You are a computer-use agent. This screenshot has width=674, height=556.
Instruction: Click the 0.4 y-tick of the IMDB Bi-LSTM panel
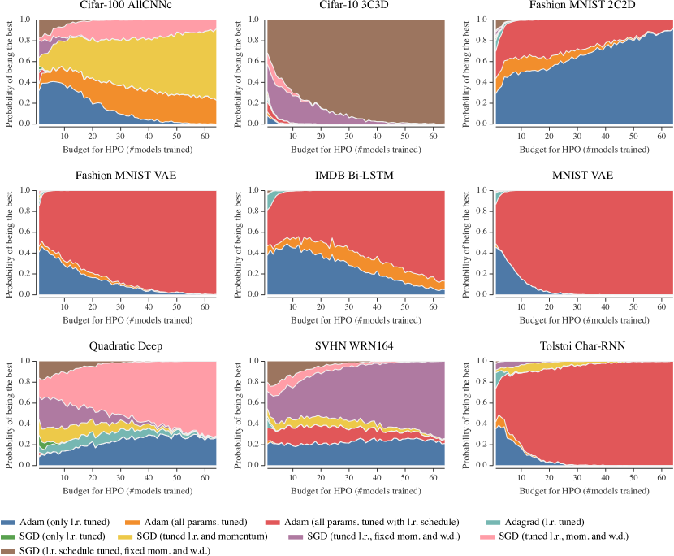pos(260,252)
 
